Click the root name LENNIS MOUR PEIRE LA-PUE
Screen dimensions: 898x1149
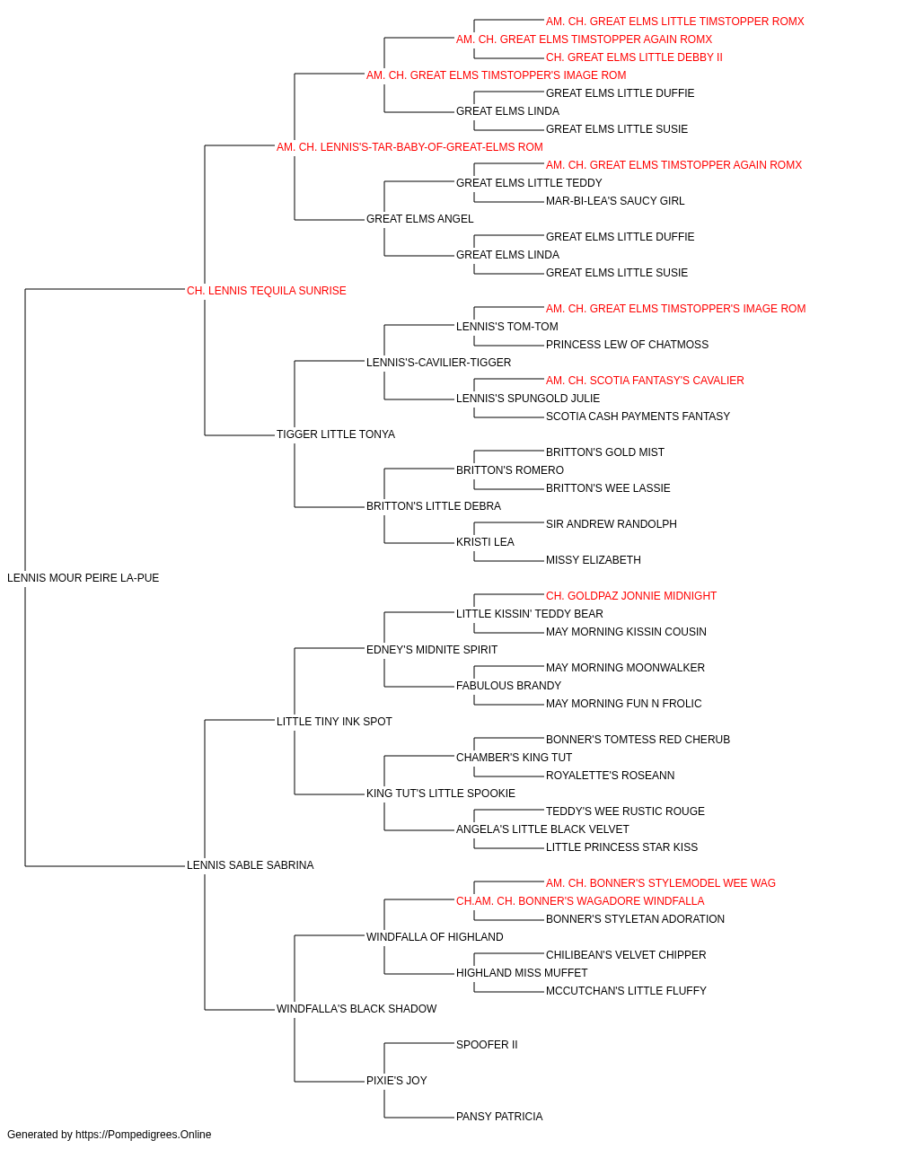pyautogui.click(x=83, y=578)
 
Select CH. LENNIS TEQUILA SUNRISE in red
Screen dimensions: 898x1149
pyautogui.click(x=267, y=291)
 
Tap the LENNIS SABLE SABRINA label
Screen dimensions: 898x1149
pyautogui.click(x=251, y=865)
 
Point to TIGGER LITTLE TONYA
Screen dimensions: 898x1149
pyautogui.click(x=336, y=434)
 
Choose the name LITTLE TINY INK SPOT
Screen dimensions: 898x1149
pyautogui.click(x=334, y=722)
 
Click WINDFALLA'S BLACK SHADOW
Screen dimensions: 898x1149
pyautogui.click(x=357, y=1009)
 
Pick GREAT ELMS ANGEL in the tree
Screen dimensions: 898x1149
pyautogui.click(x=420, y=219)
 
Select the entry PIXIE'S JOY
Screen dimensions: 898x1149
pyautogui.click(x=397, y=1081)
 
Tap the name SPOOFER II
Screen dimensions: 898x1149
pyautogui.click(x=487, y=1045)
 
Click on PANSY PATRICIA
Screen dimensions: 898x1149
pyautogui.click(x=500, y=1117)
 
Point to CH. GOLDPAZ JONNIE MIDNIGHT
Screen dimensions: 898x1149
pyautogui.click(x=631, y=596)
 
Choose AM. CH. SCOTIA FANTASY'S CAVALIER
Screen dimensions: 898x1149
pyautogui.click(x=645, y=381)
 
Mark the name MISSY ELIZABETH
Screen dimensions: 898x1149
pyautogui.click(x=594, y=560)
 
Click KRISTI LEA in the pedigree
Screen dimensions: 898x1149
pyautogui.click(x=486, y=542)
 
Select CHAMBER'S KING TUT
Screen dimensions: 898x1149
pyautogui.click(x=514, y=758)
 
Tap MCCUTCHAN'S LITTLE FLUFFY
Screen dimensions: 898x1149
pyautogui.click(x=626, y=991)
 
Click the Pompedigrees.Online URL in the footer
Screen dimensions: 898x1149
pyautogui.click(x=144, y=1135)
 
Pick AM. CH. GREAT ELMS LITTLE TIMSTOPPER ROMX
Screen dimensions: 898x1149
pyautogui.click(x=674, y=22)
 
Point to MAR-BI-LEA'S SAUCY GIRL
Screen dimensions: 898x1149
pyautogui.click(x=615, y=201)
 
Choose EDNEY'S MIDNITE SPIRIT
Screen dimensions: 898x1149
pyautogui.click(x=432, y=650)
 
